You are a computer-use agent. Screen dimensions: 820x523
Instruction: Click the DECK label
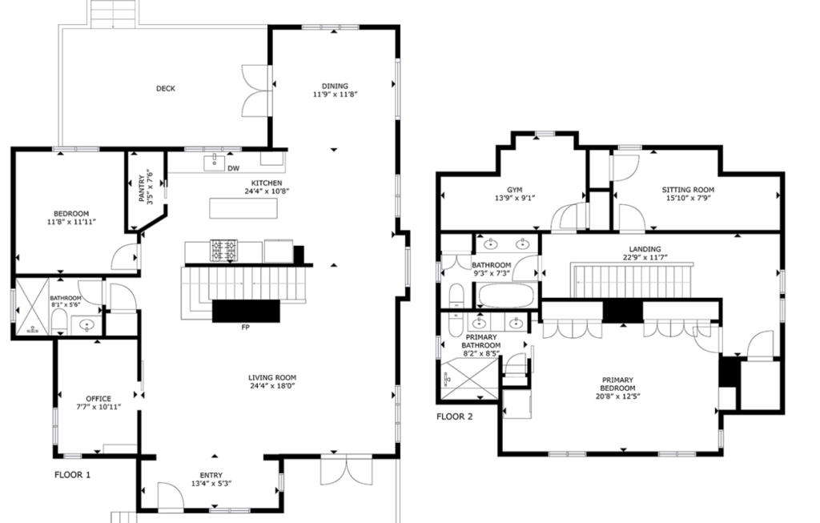pyautogui.click(x=165, y=88)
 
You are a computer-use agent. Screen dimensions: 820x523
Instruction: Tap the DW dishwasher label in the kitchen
pyautogui.click(x=233, y=168)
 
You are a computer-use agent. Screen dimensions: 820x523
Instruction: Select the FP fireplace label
pyautogui.click(x=245, y=328)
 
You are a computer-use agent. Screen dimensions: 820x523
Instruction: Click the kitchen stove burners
pyautogui.click(x=224, y=251)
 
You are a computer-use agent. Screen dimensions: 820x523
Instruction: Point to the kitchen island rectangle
pyautogui.click(x=243, y=208)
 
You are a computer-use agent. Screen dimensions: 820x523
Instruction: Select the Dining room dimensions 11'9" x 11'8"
pyautogui.click(x=336, y=95)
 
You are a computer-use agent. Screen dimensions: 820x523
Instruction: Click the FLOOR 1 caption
pyautogui.click(x=72, y=475)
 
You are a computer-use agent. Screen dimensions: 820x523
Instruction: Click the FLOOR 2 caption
pyautogui.click(x=455, y=416)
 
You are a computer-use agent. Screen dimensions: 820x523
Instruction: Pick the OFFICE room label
pyautogui.click(x=98, y=399)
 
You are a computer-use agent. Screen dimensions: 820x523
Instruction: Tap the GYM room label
pyautogui.click(x=515, y=190)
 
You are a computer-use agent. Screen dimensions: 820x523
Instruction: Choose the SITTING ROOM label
pyautogui.click(x=688, y=190)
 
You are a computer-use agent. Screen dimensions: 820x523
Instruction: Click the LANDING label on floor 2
pyautogui.click(x=645, y=249)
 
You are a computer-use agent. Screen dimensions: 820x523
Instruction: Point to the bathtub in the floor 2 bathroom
pyautogui.click(x=506, y=296)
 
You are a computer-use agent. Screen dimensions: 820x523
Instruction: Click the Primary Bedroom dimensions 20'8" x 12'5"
pyautogui.click(x=617, y=396)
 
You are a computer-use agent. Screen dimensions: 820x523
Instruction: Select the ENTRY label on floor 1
pyautogui.click(x=211, y=475)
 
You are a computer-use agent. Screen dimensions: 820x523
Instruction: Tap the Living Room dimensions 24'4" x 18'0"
pyautogui.click(x=272, y=386)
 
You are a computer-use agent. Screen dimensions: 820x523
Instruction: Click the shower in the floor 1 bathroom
pyautogui.click(x=32, y=307)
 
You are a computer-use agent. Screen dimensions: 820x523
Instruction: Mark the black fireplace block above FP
pyautogui.click(x=246, y=311)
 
